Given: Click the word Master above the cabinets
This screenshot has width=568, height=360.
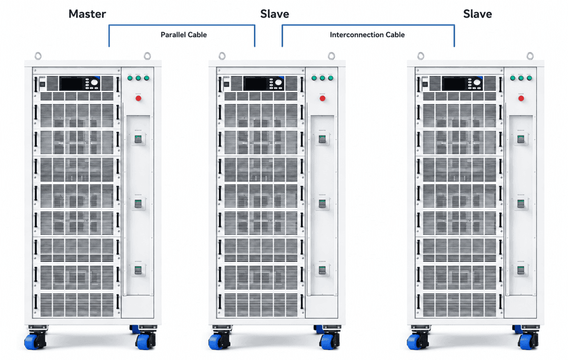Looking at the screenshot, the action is (x=87, y=14).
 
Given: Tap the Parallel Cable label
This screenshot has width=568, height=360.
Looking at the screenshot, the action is (x=184, y=35).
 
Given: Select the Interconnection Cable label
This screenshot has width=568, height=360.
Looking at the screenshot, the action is (x=367, y=35).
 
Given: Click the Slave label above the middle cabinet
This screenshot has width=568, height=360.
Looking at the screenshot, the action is (x=275, y=14).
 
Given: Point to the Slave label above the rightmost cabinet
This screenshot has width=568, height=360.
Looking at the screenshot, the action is (x=478, y=14).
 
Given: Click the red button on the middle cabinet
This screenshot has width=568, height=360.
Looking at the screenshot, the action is (x=322, y=98).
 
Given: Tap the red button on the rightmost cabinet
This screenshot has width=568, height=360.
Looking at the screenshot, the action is (x=521, y=98).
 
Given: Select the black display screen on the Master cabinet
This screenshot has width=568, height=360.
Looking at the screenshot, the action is (x=72, y=84).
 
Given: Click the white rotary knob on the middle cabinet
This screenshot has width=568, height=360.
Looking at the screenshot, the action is (x=278, y=83).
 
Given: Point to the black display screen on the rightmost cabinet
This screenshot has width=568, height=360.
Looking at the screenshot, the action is (x=454, y=84).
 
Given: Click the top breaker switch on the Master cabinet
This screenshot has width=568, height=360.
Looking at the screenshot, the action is (x=138, y=139).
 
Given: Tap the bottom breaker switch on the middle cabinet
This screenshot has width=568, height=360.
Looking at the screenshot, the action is (x=322, y=270).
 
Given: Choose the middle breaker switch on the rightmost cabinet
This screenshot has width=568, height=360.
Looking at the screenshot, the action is (x=521, y=204).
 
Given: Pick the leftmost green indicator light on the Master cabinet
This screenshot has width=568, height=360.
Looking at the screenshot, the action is (x=130, y=78).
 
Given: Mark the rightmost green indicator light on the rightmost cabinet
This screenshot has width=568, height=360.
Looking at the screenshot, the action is (x=529, y=78).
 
